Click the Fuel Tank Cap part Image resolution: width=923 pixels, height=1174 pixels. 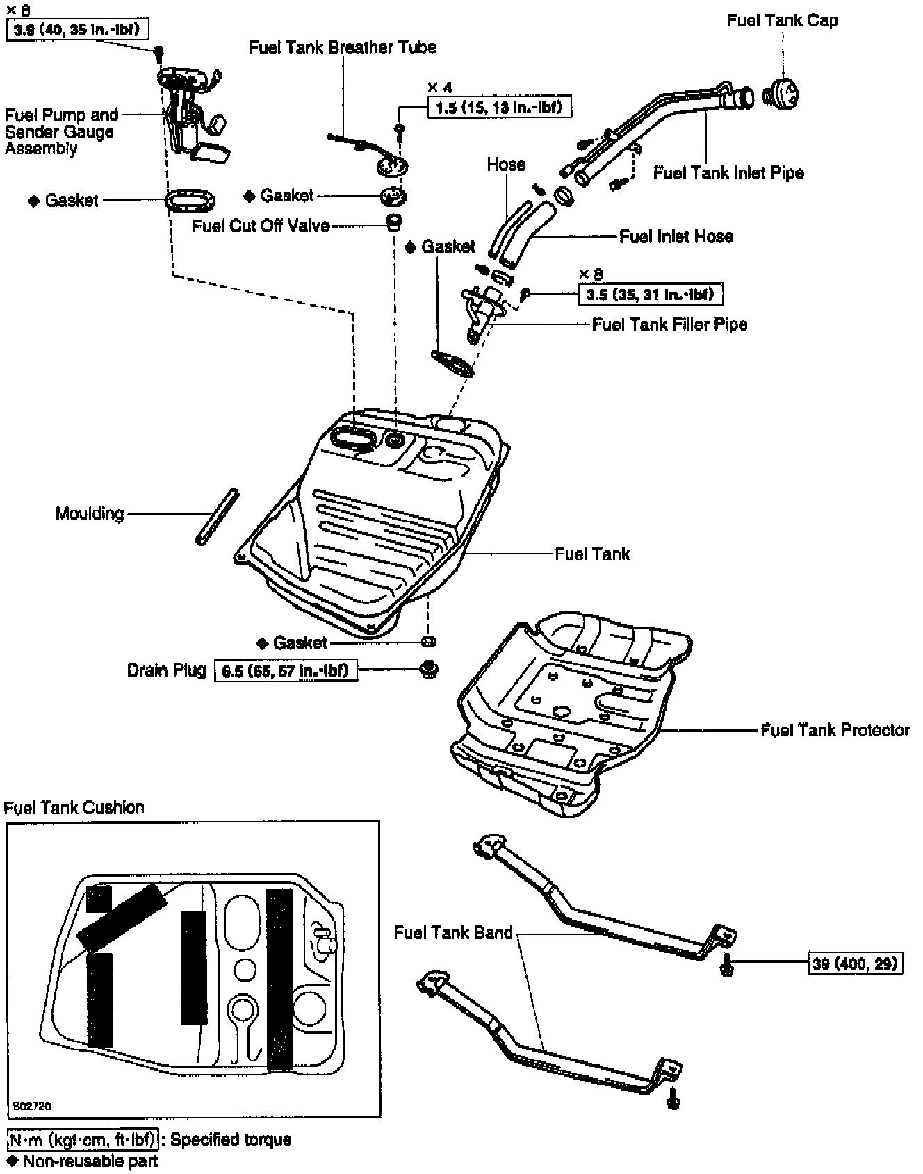click(781, 94)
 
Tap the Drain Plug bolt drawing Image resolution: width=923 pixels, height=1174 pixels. click(429, 670)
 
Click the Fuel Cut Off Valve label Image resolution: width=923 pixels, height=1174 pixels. click(261, 226)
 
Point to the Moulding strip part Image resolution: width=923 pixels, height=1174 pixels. click(217, 517)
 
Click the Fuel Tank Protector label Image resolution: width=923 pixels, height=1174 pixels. click(835, 730)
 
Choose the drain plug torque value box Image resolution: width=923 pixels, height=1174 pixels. click(286, 670)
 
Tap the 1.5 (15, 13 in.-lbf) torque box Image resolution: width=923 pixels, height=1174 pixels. click(498, 107)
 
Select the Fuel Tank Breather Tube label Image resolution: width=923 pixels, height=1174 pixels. click(342, 47)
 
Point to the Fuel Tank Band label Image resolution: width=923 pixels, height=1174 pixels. click(452, 932)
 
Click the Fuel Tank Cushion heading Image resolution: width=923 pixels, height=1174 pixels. click(74, 807)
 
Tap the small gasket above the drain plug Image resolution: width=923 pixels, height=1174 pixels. click(429, 640)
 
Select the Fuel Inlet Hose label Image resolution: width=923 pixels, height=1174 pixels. click(676, 237)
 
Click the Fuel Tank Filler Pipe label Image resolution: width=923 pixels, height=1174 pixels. click(669, 324)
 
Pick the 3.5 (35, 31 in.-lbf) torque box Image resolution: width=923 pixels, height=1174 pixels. click(650, 295)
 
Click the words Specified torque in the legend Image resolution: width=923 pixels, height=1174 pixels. click(231, 1140)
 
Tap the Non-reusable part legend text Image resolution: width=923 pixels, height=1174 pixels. click(90, 1161)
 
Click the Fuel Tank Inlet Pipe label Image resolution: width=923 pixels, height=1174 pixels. click(728, 173)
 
